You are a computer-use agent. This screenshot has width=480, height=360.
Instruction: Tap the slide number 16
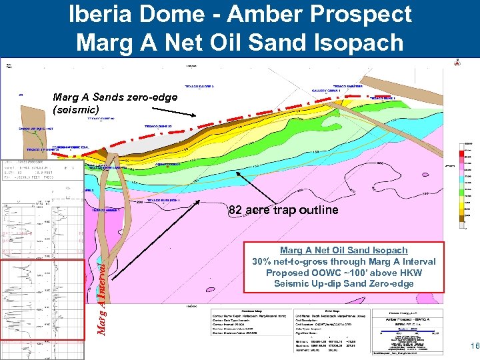coord(474,346)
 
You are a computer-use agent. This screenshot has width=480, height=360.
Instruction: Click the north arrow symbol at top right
coord(457,63)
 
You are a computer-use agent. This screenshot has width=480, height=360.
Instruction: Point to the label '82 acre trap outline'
coord(283,210)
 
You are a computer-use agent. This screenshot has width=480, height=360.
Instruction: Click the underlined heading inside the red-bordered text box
coord(343,250)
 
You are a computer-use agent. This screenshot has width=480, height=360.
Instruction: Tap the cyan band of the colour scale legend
coord(463,180)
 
